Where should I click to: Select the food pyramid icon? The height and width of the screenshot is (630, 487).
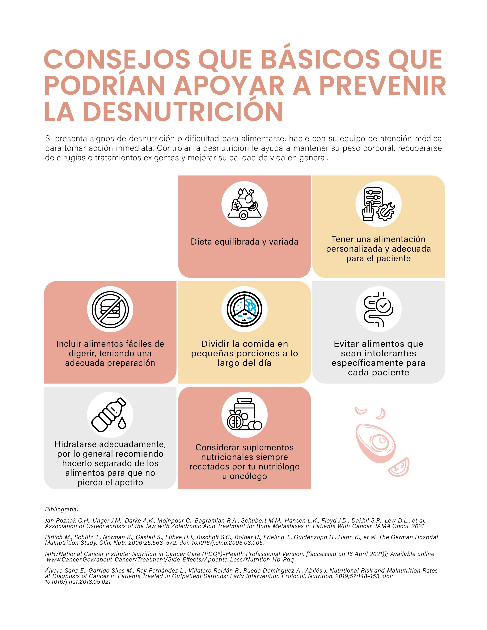tap(244, 204)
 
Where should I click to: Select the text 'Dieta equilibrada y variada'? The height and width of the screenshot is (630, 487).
tap(244, 242)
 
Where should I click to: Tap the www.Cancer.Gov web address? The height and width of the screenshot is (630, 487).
tap(170, 560)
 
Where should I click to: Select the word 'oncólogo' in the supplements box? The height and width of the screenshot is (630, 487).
tap(248, 476)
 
